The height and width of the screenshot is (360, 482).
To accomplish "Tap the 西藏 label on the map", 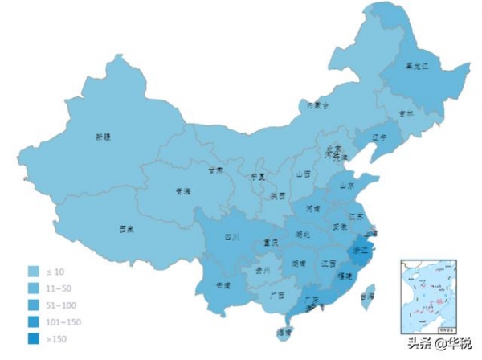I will tap(126, 228).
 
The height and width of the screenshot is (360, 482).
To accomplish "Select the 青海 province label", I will tap(183, 191).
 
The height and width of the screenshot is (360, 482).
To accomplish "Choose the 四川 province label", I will tap(232, 237).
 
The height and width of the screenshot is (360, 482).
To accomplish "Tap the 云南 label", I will tap(223, 284).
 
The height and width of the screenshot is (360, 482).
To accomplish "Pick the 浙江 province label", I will tap(361, 250).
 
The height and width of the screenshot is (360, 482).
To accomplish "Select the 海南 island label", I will tap(283, 330).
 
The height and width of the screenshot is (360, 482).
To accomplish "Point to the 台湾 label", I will tap(366, 297).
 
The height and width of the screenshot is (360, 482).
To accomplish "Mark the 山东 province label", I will tap(347, 185).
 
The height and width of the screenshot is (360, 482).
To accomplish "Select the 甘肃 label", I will tap(214, 170).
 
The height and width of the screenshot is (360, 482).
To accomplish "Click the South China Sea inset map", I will tap(427, 296).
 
